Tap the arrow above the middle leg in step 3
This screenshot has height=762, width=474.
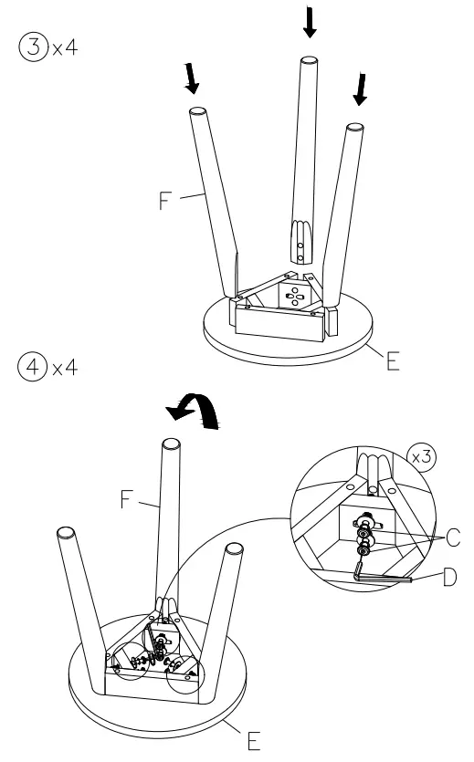pyautogui.click(x=310, y=20)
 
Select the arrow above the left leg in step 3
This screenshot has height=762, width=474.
pyautogui.click(x=192, y=79)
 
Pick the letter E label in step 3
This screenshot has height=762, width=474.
pyautogui.click(x=393, y=361)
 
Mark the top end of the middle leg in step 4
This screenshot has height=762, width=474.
pyautogui.click(x=170, y=446)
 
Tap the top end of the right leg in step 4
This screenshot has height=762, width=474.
pyautogui.click(x=235, y=548)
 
